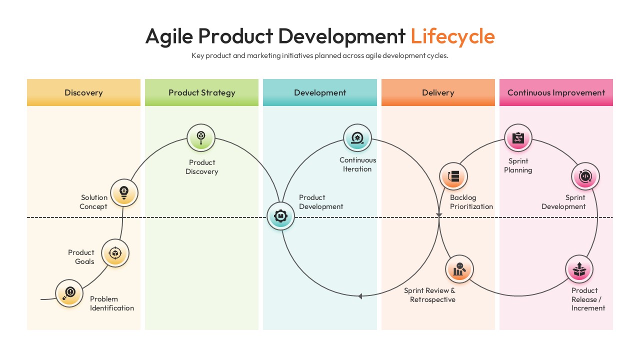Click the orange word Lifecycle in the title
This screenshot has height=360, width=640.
[x=452, y=36]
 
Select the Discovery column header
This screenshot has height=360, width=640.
[x=83, y=92]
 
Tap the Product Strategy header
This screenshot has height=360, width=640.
[x=201, y=92]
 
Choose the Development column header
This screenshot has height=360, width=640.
[x=320, y=92]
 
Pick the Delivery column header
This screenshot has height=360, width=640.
[x=438, y=92]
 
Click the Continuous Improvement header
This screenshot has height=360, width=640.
[x=556, y=92]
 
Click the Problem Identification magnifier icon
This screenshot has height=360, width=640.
[x=69, y=293]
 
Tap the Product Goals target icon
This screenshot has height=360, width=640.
[x=115, y=253]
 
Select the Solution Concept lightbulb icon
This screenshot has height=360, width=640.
[x=124, y=192]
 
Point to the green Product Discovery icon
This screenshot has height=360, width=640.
[x=201, y=137]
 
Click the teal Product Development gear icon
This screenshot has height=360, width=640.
[x=280, y=216]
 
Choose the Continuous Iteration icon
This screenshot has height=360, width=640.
[x=357, y=137]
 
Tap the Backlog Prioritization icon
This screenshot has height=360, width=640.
[x=453, y=176]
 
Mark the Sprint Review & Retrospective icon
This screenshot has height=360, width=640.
[x=459, y=269]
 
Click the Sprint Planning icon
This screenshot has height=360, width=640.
[x=518, y=137]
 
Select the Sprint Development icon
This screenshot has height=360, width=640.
[x=585, y=176]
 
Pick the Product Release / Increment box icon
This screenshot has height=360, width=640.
[x=579, y=269]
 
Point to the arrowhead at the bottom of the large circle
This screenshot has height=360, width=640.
[x=359, y=296]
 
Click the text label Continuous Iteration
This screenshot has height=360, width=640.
[x=357, y=164]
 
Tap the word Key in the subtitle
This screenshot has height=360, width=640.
[x=198, y=56]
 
